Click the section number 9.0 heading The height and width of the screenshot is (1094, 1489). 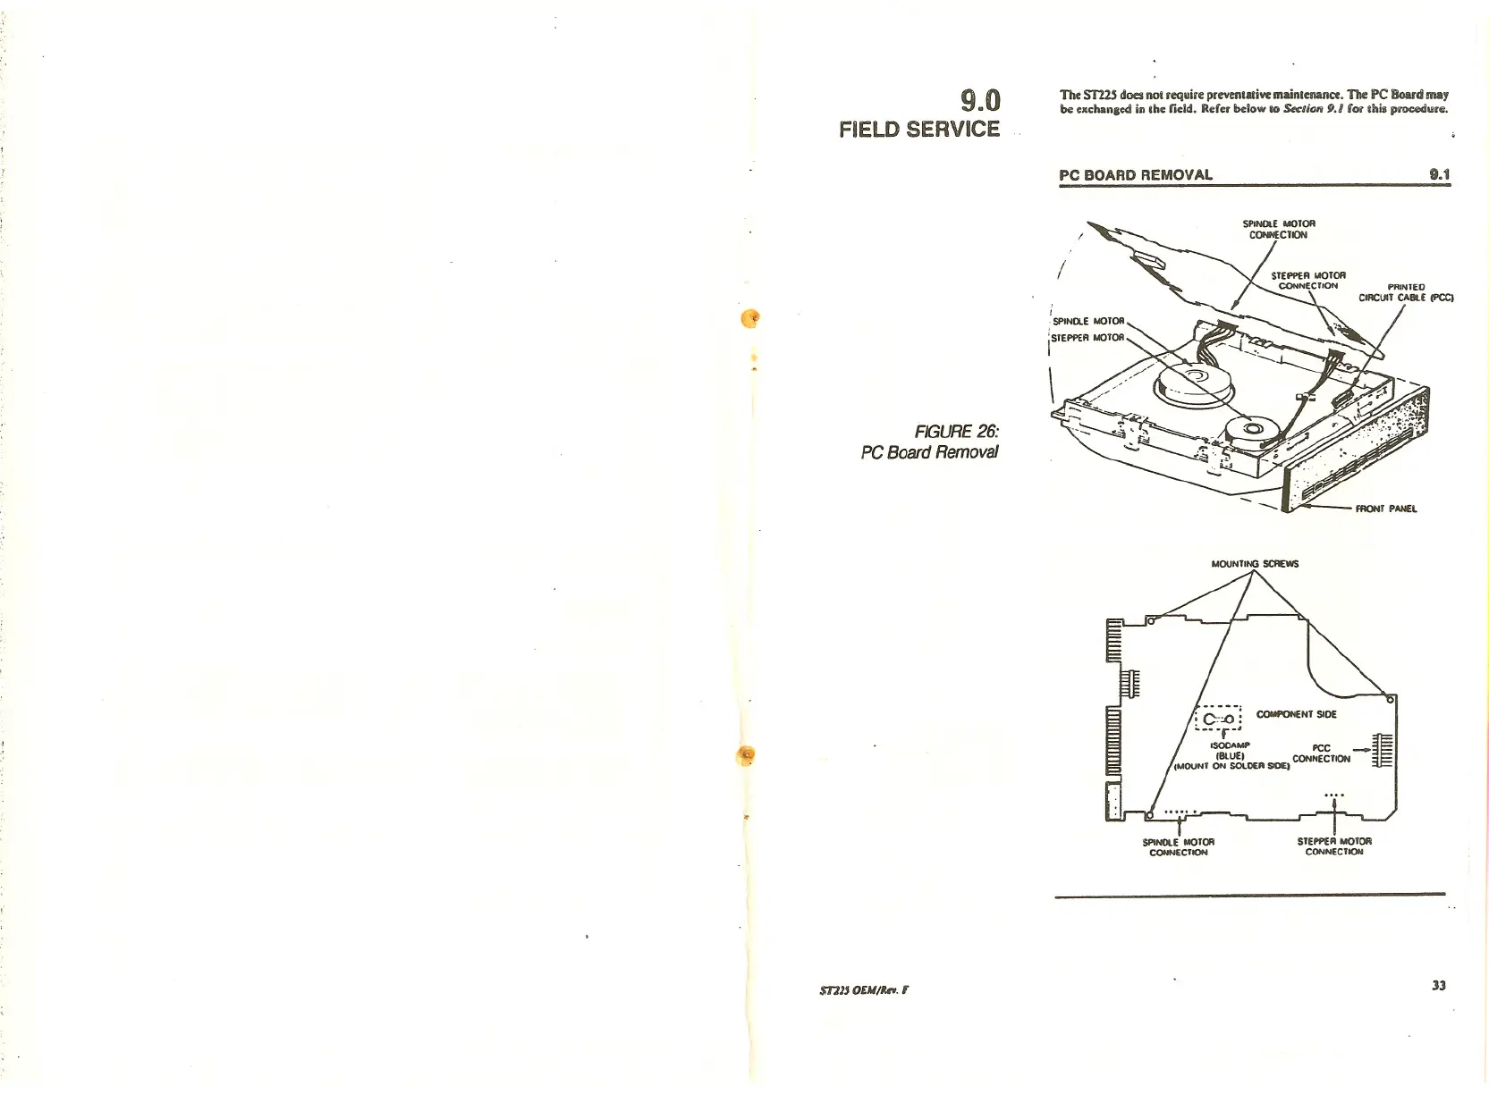(x=979, y=99)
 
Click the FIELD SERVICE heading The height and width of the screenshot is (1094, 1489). (x=919, y=130)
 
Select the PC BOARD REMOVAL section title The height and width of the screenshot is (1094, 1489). (x=1136, y=175)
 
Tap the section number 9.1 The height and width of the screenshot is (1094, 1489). (x=1439, y=174)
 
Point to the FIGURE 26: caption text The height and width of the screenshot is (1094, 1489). (x=956, y=432)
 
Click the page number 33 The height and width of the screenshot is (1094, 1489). (x=1438, y=985)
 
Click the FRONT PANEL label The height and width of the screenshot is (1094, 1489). (x=1385, y=509)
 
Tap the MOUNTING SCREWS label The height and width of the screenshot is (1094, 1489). (x=1254, y=564)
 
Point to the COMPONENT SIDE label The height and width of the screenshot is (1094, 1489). (x=1296, y=714)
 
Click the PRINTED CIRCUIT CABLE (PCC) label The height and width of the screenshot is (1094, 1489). (x=1406, y=292)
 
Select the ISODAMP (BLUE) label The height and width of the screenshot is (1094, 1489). (x=1230, y=750)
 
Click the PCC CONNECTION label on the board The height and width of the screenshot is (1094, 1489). (x=1321, y=753)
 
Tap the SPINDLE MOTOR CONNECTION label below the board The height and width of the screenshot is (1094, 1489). (x=1179, y=846)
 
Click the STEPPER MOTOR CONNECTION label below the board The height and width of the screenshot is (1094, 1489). (x=1334, y=846)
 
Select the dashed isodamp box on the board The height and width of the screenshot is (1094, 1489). (x=1219, y=718)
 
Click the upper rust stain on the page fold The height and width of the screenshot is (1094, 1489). (x=752, y=317)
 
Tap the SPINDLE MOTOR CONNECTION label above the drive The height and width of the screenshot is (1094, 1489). (x=1279, y=229)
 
